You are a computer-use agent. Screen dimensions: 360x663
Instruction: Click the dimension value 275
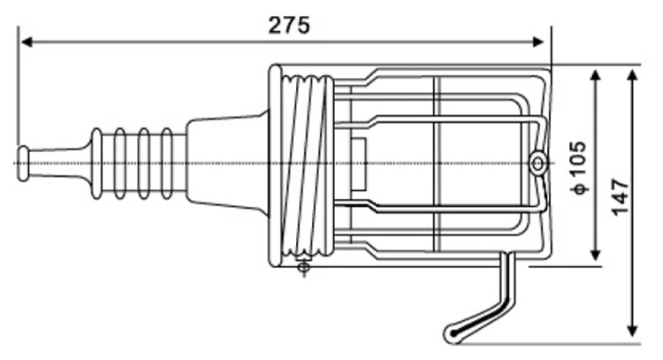coord(289,24)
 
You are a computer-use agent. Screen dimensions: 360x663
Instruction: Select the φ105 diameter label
coord(579,165)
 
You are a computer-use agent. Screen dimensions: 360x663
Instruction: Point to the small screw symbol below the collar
coord(304,266)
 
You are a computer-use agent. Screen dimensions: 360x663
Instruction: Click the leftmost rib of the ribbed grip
coord(96,164)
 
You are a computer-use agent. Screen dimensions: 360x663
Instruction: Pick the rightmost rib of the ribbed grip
coord(167,164)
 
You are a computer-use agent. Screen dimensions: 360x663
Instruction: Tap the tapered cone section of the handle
coord(225,164)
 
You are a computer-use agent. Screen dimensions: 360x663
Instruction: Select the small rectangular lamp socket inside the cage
coord(360,164)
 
